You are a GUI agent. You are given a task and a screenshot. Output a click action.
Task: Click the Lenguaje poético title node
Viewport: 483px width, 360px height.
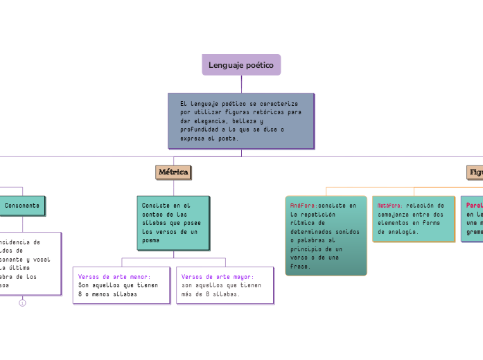click(241, 64)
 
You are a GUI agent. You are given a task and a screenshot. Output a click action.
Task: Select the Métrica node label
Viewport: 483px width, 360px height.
click(173, 172)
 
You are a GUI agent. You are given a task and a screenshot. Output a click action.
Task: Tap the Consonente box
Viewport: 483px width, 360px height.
click(23, 206)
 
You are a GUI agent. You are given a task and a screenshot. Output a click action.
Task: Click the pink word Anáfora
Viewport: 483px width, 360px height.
click(303, 206)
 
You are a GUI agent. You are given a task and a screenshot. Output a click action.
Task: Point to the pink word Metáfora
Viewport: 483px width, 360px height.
click(389, 206)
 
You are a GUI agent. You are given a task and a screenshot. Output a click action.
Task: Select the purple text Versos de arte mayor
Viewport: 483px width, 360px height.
click(218, 276)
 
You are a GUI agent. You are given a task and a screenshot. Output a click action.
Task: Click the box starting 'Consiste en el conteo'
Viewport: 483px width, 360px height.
click(173, 222)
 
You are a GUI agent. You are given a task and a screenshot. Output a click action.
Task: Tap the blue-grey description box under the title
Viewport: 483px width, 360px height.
click(241, 120)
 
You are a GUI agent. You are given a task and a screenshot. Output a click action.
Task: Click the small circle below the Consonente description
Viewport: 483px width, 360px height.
click(22, 303)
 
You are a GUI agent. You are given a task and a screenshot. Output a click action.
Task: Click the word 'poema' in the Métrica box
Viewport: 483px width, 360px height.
click(151, 240)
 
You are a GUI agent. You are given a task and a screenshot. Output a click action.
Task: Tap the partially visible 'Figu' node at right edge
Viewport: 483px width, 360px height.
click(475, 172)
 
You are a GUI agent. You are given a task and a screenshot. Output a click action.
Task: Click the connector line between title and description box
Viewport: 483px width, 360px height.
click(241, 84)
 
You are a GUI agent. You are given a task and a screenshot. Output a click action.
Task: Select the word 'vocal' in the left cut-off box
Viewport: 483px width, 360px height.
click(51, 258)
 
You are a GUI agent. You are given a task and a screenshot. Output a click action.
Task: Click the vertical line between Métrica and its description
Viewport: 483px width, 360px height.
click(173, 187)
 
